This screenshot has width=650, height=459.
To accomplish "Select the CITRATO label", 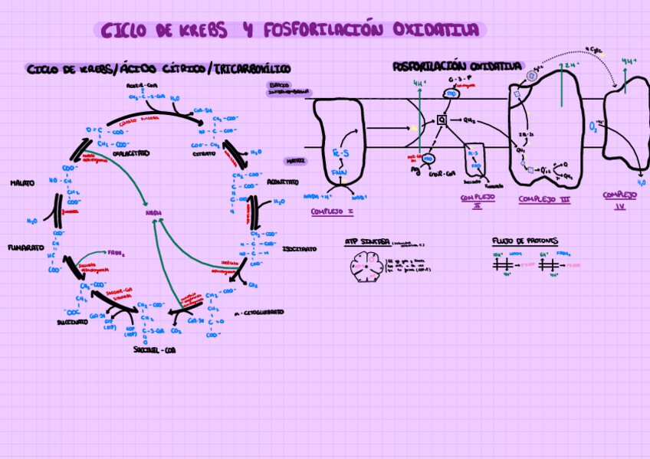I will click(x=204, y=153).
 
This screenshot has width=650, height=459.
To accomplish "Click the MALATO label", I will click(x=22, y=183).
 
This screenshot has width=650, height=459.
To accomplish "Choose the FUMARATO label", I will click(x=25, y=248).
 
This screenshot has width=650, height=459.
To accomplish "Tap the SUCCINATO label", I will click(x=71, y=323).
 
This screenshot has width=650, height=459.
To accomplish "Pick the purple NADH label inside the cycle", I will click(x=152, y=213).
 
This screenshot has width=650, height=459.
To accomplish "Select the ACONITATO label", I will click(x=283, y=182).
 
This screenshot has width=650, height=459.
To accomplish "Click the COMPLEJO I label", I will click(x=332, y=211).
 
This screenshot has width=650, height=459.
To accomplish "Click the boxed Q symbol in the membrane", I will click(x=442, y=120).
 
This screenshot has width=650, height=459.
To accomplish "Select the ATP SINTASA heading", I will click(x=367, y=241).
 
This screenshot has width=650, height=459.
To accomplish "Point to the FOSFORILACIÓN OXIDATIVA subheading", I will click(x=458, y=67).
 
